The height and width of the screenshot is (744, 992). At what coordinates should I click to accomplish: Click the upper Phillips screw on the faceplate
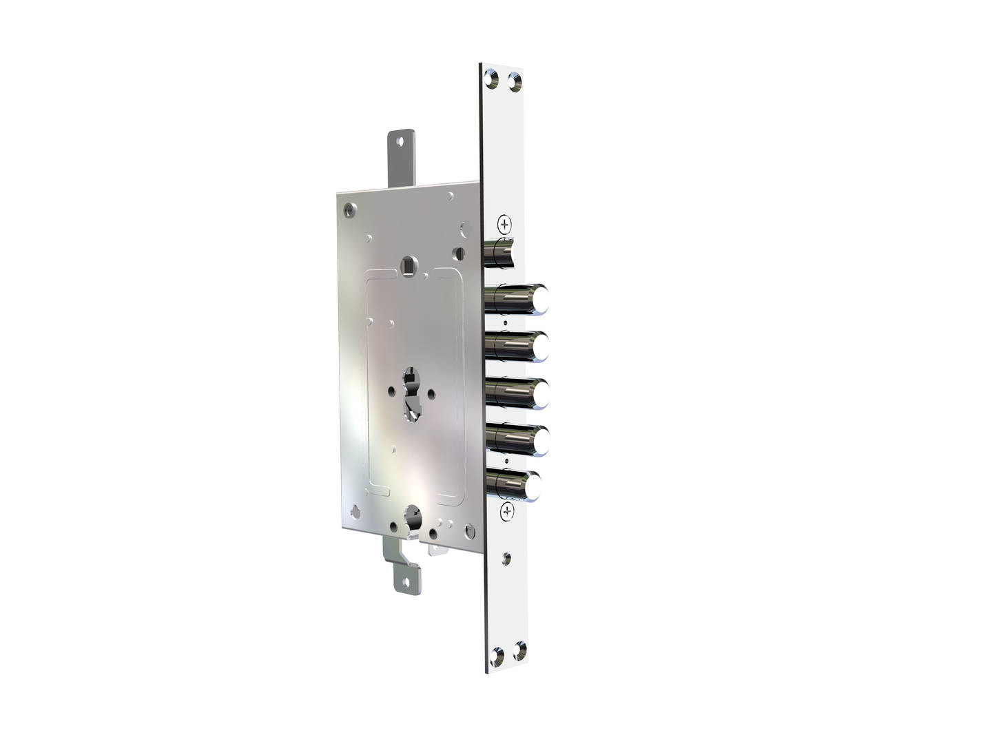(506, 224)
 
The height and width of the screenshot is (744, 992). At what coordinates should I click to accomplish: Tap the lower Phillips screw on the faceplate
(507, 511)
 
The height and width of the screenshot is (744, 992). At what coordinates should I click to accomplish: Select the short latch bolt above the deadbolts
(499, 252)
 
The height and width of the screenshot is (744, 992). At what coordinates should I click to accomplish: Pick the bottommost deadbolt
(515, 485)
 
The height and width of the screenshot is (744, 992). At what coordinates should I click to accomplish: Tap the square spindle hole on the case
(410, 263)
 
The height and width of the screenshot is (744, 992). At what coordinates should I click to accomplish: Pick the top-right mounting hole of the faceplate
(514, 80)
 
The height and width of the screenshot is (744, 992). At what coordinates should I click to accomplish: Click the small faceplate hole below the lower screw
(508, 557)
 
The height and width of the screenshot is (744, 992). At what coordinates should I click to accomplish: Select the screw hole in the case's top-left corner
(351, 209)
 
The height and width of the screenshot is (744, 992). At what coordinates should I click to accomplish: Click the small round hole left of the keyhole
(389, 393)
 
